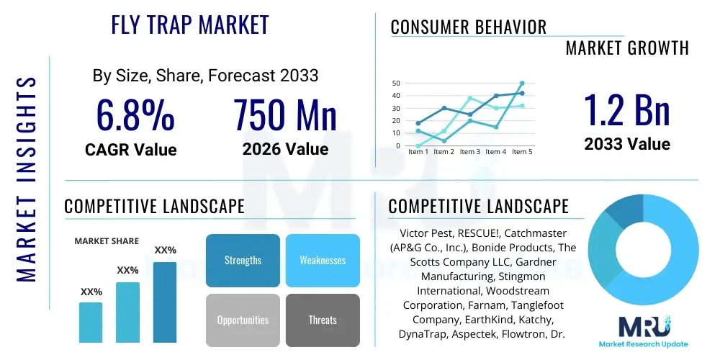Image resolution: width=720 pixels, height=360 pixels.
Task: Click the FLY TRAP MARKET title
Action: [x=190, y=25]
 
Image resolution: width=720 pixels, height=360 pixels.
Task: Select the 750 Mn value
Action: [x=285, y=115]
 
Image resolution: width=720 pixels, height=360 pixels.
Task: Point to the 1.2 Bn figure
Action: [x=626, y=110]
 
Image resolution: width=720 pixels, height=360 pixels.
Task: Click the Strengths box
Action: [x=243, y=260]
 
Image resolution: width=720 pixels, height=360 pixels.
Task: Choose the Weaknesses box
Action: [x=323, y=260]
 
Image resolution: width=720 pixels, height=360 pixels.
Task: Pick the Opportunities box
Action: [x=243, y=320]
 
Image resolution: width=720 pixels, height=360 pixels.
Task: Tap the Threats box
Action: [x=323, y=320]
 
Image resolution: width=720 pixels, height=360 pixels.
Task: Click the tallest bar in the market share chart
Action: [x=165, y=302]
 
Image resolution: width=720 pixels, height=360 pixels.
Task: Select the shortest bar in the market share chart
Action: [x=91, y=322]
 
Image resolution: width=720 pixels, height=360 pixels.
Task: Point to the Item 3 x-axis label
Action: [x=470, y=152]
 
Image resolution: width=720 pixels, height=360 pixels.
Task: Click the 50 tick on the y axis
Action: [x=396, y=84]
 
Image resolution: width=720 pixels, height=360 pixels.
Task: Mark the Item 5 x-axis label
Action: [x=521, y=152]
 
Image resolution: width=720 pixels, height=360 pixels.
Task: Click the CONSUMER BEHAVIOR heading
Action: [x=469, y=27]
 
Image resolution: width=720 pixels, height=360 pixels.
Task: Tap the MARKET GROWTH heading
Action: [x=627, y=48]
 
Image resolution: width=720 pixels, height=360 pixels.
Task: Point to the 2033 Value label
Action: [x=626, y=144]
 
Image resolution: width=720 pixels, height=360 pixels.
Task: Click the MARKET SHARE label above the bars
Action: [x=107, y=241]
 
